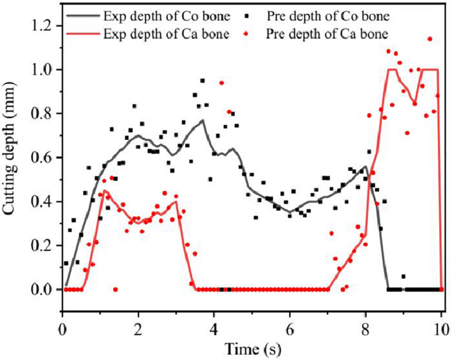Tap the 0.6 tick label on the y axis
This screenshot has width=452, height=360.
[46, 157]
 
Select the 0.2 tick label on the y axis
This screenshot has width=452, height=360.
[46, 245]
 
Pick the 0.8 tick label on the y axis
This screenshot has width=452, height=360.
[46, 114]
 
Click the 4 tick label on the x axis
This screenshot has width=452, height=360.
[214, 328]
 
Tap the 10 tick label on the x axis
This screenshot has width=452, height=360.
[442, 328]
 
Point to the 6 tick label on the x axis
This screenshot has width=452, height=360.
[290, 328]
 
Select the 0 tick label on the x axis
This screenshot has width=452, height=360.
[62, 328]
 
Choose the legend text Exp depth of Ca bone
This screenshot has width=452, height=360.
[162, 33]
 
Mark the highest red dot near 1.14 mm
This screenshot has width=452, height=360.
[430, 39]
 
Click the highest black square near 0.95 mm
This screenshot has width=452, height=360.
[203, 81]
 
